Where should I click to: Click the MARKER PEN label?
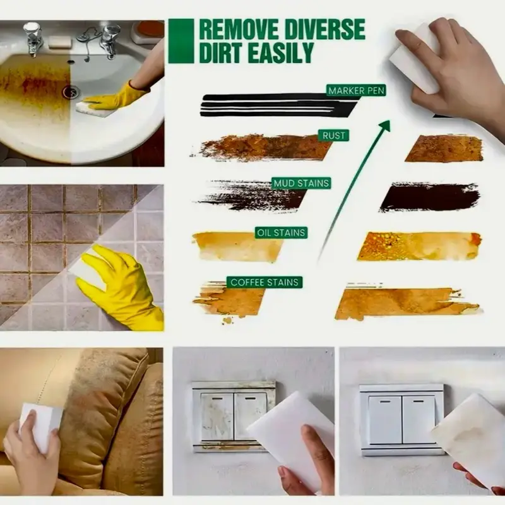(356, 90)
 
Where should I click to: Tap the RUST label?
(334, 135)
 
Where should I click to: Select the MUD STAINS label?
(301, 183)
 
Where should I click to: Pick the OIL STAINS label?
(281, 232)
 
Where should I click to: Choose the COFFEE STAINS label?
(264, 282)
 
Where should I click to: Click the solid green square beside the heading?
(181, 41)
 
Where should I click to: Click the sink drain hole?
(71, 92)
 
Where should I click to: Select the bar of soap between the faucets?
(59, 42)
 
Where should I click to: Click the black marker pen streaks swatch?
(278, 105)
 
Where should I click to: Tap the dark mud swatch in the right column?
(430, 197)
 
